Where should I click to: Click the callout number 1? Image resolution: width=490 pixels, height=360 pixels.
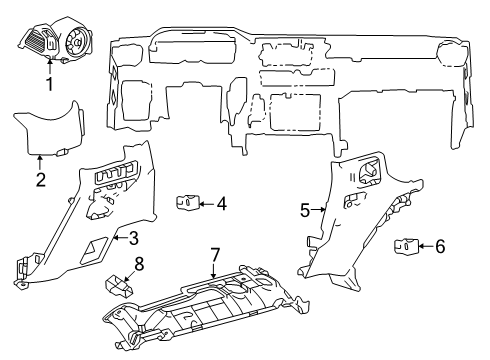(x=48, y=85)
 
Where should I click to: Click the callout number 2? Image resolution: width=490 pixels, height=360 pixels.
(x=40, y=180)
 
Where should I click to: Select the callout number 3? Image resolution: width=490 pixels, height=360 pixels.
(x=133, y=237)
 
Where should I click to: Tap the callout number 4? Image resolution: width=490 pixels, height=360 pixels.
(x=221, y=204)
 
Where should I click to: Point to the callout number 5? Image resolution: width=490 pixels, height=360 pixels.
(x=305, y=210)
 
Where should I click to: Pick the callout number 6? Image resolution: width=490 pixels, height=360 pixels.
(x=441, y=245)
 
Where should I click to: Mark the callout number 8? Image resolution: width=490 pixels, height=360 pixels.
(x=139, y=265)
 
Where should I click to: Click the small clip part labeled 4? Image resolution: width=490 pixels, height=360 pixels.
(x=186, y=204)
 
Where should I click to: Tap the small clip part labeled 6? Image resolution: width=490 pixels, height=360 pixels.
(x=406, y=245)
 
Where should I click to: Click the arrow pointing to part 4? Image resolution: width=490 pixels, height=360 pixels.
(x=204, y=204)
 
